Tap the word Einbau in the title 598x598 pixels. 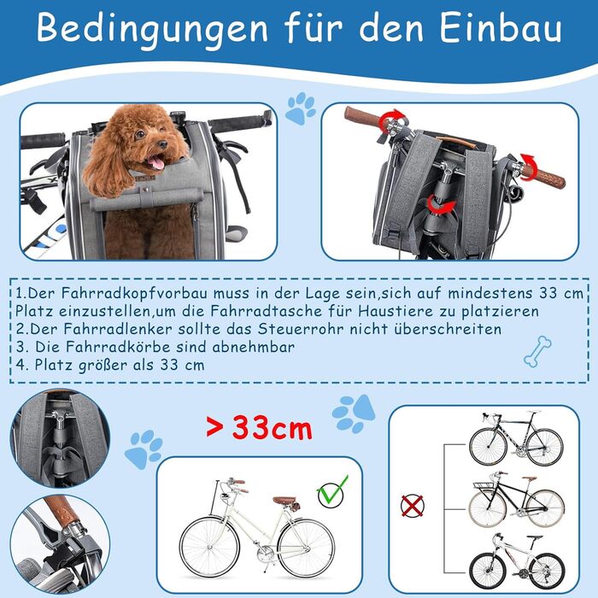[501, 28]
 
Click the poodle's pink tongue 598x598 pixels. [156, 163]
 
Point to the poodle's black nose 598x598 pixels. [162, 144]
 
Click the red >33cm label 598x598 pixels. [259, 428]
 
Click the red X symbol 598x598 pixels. [413, 506]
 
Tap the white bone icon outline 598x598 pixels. [537, 351]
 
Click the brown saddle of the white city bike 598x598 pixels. [284, 500]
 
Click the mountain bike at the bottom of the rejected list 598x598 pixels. [516, 561]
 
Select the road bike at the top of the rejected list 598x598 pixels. [516, 438]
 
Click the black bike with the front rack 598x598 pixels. [516, 500]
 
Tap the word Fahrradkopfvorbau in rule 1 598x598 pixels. [135, 293]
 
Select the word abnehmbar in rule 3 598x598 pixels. [253, 347]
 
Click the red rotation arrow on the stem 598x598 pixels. [441, 206]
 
